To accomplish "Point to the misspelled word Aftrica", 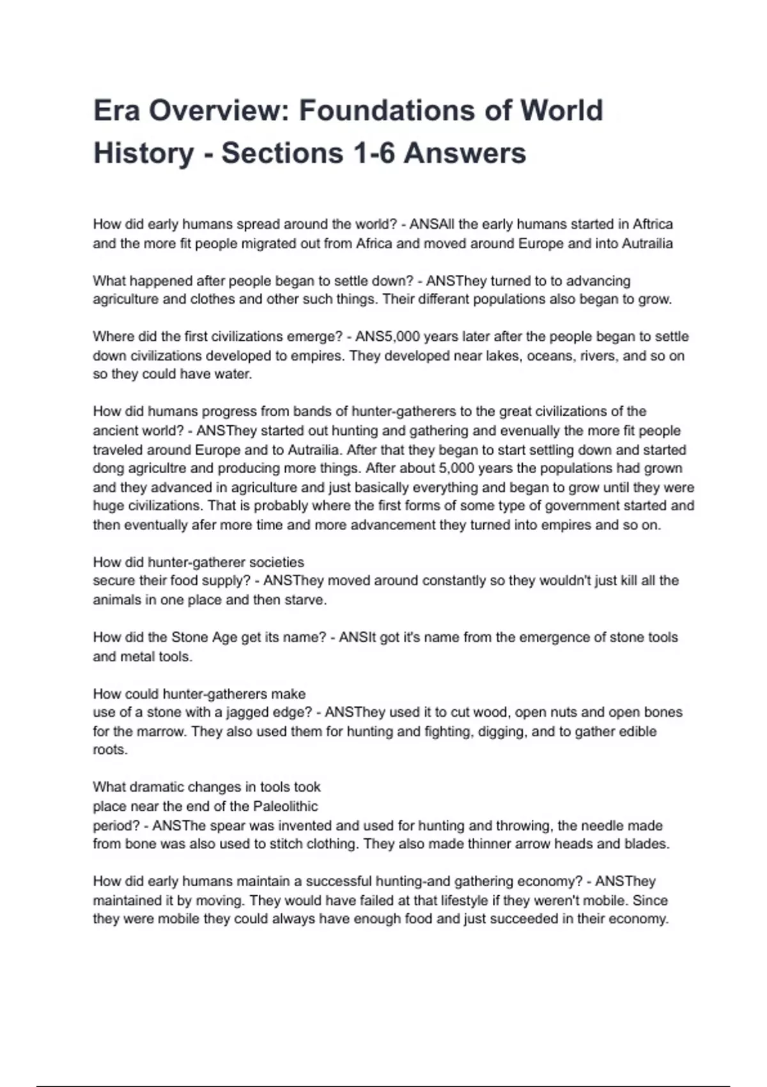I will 653,224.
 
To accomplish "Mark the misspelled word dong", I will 107,468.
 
